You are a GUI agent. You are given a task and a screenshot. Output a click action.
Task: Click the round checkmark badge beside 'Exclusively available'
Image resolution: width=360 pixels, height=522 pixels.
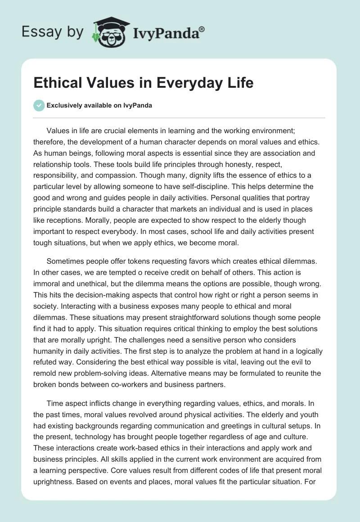[x=39, y=105]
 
